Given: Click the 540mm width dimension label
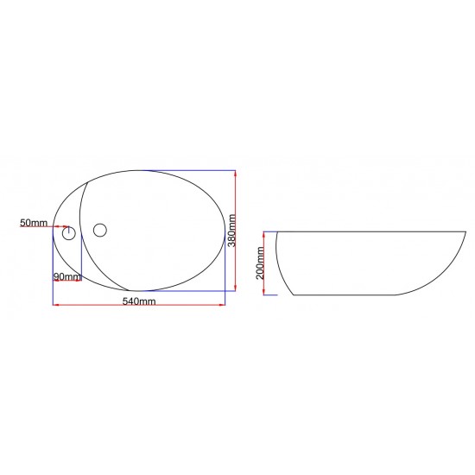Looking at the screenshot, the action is coord(139,301).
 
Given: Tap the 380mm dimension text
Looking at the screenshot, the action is coord(231,231).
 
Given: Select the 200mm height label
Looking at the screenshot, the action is coord(260,263).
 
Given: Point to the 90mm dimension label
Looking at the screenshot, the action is coord(67,276).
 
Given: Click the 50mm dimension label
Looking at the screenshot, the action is coord(34,223).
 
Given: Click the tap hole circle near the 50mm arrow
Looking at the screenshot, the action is coord(69,233).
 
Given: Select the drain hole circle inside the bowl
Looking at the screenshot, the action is coord(100,231).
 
